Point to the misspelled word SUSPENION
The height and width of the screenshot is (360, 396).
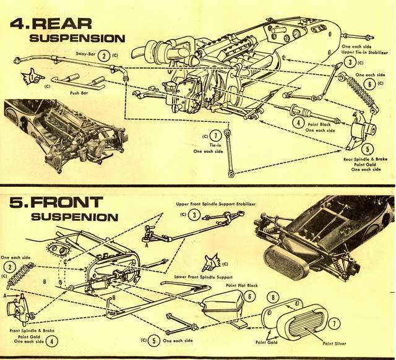click(x=74, y=217)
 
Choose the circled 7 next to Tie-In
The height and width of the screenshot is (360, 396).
click(x=215, y=135)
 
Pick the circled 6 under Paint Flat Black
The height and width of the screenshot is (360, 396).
click(x=249, y=297)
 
